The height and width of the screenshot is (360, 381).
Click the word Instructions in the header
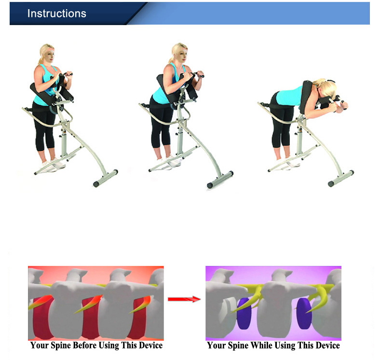click(x=56, y=14)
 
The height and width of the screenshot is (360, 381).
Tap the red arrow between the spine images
click(x=184, y=299)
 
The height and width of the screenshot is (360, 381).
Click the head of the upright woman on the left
click(x=47, y=54)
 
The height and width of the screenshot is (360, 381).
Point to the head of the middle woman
click(x=179, y=53)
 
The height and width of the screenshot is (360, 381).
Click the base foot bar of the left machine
click(x=106, y=178)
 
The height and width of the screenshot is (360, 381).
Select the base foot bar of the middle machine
click(x=220, y=180)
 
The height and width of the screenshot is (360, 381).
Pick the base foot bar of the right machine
click(x=341, y=179)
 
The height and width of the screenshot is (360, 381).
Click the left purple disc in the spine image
click(x=244, y=313)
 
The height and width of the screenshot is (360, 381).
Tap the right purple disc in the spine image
click(x=304, y=313)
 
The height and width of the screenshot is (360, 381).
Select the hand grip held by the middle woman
click(x=196, y=74)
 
